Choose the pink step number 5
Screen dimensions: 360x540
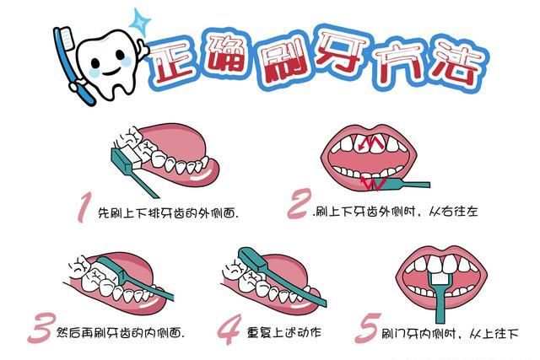point(364,328)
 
